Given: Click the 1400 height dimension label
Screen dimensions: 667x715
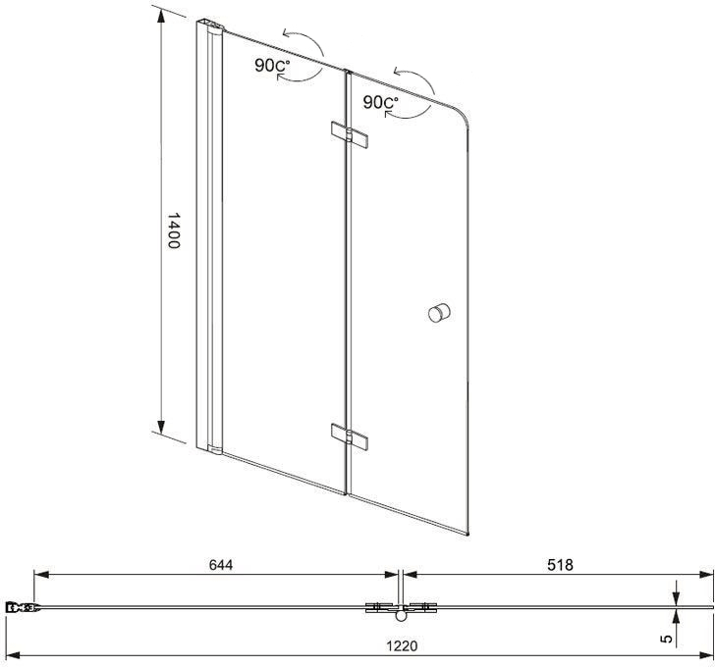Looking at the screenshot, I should coord(173,231).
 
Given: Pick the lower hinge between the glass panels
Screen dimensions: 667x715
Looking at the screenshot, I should coord(351,436).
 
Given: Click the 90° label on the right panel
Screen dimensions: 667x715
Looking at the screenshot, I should coord(380,102).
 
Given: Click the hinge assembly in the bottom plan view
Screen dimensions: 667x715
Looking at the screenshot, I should coord(400,609).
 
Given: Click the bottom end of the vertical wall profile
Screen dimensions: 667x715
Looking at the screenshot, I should coord(212,450).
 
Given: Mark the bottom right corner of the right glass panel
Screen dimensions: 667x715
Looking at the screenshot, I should coord(469,535).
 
